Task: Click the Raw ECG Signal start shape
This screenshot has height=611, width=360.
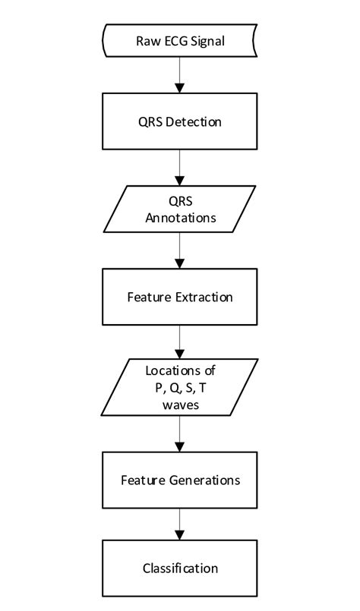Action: pos(180,40)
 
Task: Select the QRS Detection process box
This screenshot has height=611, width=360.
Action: pos(180,121)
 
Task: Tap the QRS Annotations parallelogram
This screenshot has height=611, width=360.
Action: pos(180,209)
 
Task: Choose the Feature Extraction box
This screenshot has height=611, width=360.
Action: pos(180,296)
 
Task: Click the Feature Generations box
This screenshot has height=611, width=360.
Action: pos(180,480)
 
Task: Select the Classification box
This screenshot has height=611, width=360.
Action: pos(180,568)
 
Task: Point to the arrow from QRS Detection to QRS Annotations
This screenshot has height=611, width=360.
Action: pos(180,167)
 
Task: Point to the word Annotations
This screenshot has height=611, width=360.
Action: pos(180,218)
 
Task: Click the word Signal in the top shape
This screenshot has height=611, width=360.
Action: pos(208,40)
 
